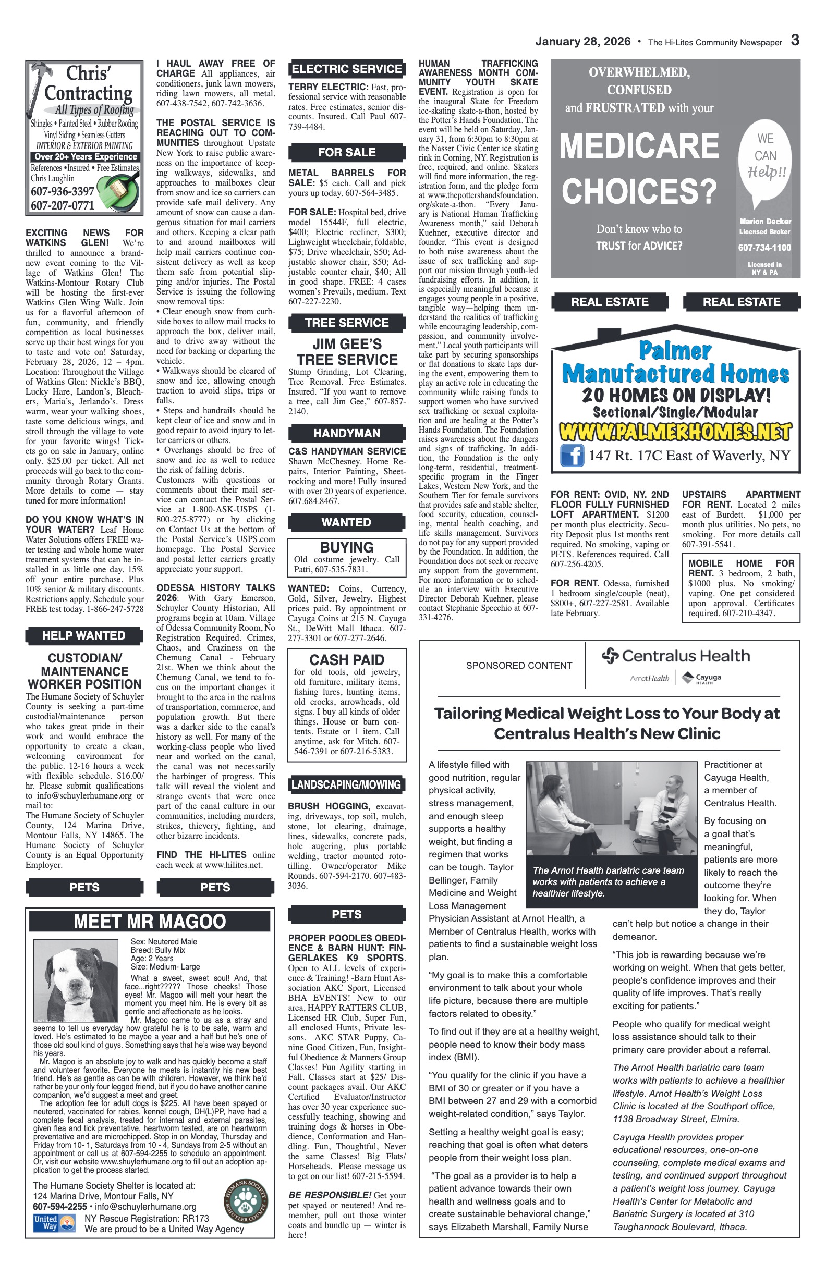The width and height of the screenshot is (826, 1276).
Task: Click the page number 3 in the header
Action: tap(795, 41)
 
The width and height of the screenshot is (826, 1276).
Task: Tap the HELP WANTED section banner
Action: tap(83, 635)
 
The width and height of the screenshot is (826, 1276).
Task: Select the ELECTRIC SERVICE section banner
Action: tap(346, 69)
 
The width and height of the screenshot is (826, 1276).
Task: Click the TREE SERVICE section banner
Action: tap(346, 323)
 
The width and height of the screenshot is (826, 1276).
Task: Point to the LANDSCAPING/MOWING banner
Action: tap(346, 785)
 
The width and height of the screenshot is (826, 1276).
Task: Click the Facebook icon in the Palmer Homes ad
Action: tap(572, 456)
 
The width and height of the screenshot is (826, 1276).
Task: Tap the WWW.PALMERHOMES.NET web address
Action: tap(675, 432)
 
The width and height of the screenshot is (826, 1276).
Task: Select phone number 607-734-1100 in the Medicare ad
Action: tap(764, 248)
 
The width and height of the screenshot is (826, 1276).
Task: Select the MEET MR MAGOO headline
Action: tap(150, 922)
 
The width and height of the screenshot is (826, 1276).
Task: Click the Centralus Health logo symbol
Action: tap(611, 655)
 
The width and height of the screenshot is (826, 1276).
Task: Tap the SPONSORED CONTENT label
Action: tap(519, 666)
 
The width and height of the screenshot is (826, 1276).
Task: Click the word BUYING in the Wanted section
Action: tap(346, 547)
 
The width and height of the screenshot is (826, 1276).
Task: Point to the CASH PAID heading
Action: tap(346, 660)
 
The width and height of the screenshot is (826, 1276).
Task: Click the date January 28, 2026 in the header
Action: tap(582, 42)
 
